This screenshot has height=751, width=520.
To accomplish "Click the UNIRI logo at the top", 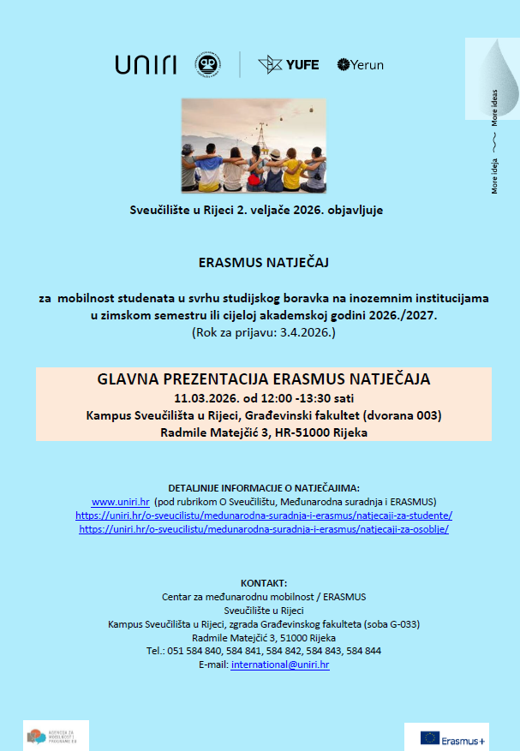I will point(145,64).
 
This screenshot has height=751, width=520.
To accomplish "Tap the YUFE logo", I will point(289,64).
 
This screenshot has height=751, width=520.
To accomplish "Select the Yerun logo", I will point(360,64).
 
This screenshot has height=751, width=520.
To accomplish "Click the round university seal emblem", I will point(206,64).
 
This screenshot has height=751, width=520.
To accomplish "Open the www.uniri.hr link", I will point(121,501).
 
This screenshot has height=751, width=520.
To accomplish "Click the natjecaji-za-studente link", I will point(264,516).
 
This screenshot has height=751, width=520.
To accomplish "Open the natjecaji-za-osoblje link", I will point(264,529).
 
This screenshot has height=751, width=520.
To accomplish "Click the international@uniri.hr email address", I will point(280,665).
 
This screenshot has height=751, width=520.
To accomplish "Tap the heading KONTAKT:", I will point(264,582).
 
